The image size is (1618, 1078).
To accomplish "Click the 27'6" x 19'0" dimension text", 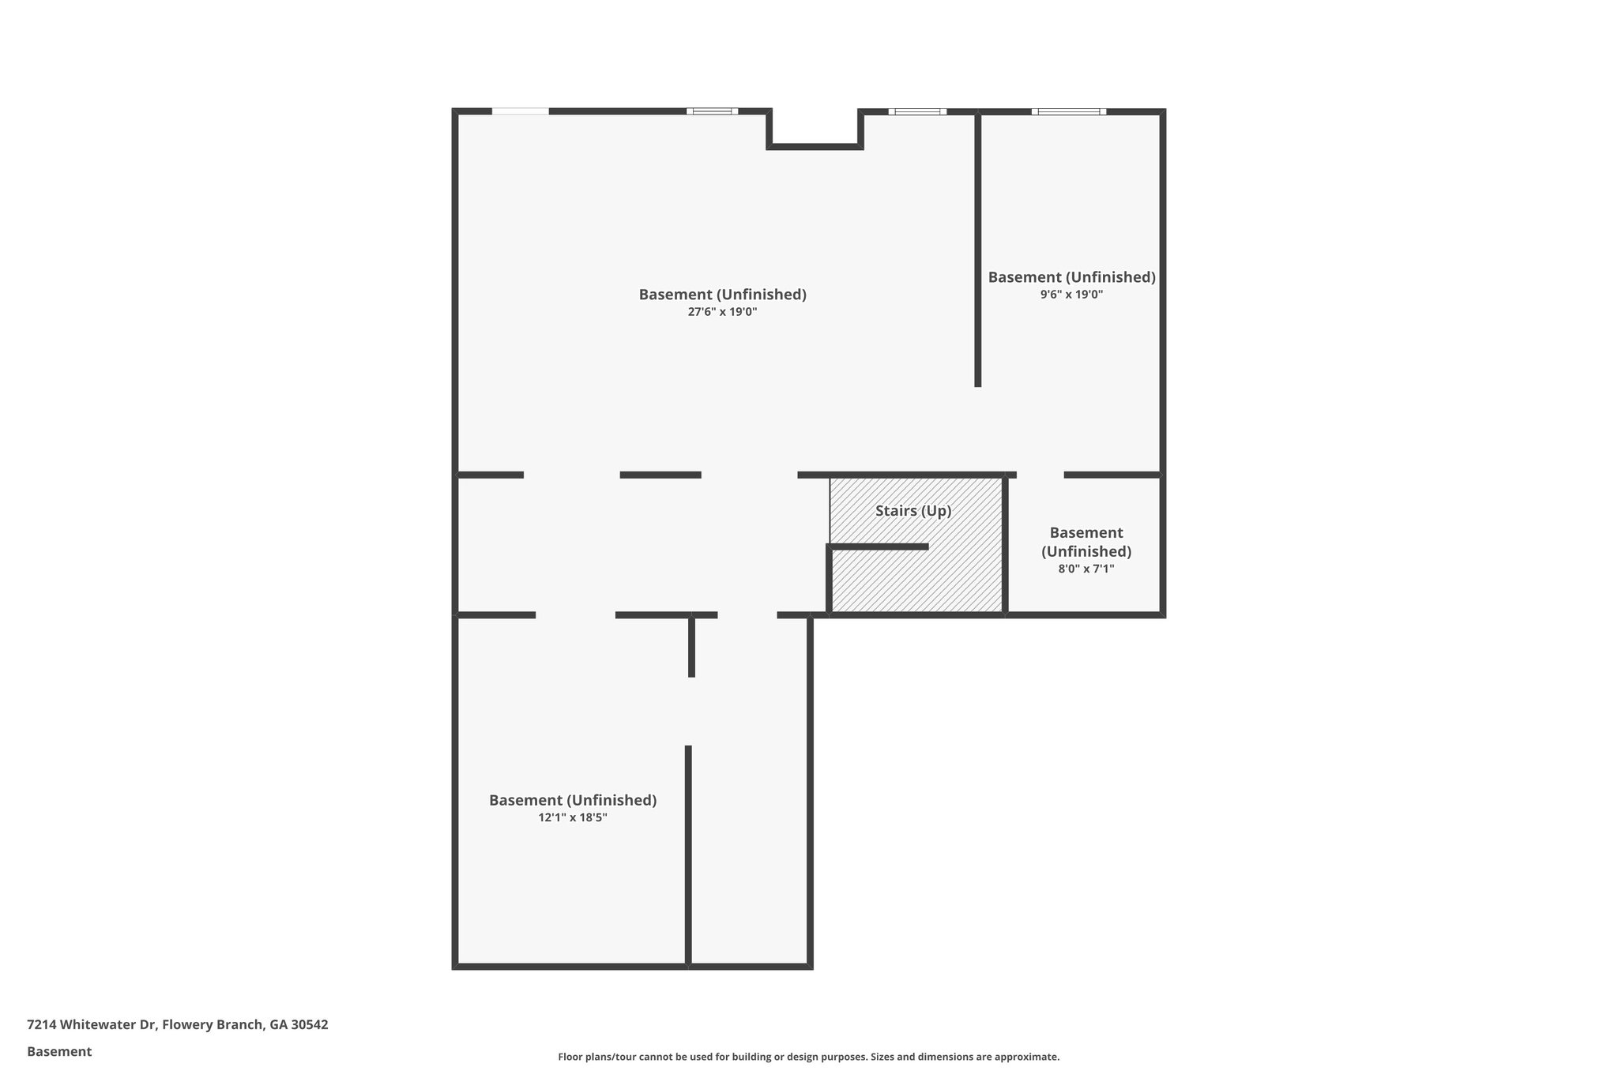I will click(x=722, y=312).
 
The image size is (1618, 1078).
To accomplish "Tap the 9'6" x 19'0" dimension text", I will click(x=1071, y=295).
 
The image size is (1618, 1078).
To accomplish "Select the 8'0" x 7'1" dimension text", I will click(x=1086, y=569).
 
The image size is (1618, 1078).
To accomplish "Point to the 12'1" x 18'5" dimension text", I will click(x=573, y=817).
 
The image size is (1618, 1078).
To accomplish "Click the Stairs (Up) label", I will click(x=913, y=511).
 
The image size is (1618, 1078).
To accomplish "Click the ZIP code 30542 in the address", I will click(x=310, y=1025).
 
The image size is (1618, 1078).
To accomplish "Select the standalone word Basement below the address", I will click(x=59, y=1051).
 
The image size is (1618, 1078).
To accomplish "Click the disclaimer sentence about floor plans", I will click(x=808, y=1057).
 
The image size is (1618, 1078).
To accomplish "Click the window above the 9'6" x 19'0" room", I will click(x=1068, y=111).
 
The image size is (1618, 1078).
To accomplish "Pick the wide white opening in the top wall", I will click(x=520, y=111).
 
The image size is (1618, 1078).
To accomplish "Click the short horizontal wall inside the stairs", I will click(x=879, y=547).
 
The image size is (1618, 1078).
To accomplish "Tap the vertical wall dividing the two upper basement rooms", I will click(x=977, y=249).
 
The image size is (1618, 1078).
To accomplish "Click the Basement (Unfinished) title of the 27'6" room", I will click(x=722, y=295).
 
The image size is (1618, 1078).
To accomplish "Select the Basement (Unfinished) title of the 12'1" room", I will click(x=573, y=800).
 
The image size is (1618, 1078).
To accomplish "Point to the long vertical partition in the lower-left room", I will click(x=688, y=855).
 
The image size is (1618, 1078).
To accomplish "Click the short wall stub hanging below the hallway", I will click(x=691, y=646).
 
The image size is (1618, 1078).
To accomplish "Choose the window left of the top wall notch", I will click(x=712, y=111).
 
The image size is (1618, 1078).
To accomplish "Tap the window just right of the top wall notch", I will click(x=916, y=111).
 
